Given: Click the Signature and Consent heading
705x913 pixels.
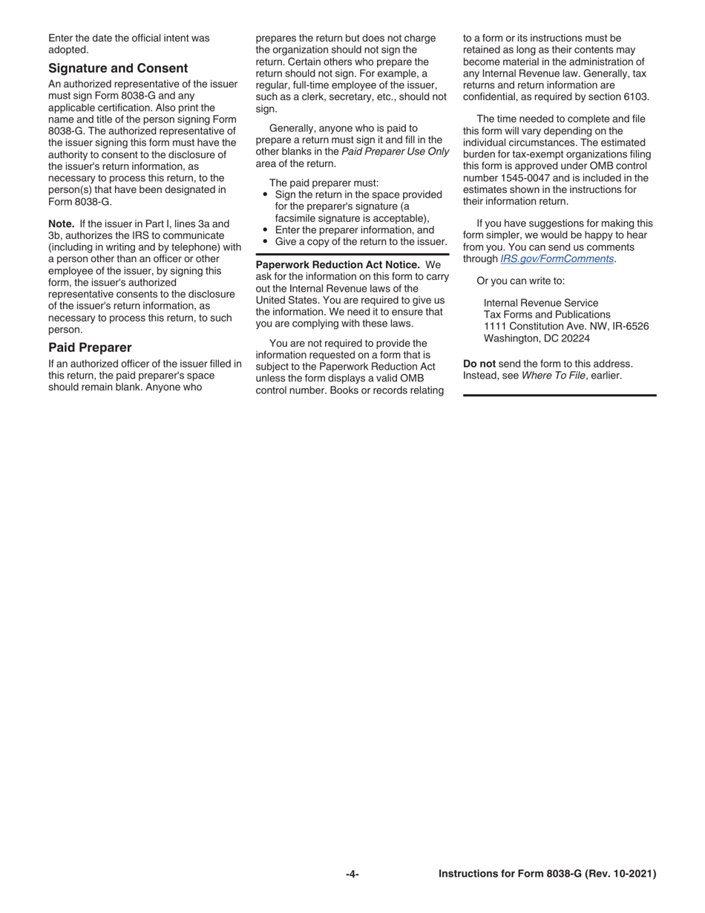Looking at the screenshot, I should click(x=118, y=68).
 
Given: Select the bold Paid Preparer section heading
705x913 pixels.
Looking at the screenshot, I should click(x=90, y=347).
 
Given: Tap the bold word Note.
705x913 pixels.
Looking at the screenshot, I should click(x=61, y=223).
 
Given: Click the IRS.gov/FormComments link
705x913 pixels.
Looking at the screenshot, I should click(x=557, y=259).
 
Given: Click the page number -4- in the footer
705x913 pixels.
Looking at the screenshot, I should click(x=352, y=874).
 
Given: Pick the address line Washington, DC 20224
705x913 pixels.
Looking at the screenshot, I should click(x=537, y=338).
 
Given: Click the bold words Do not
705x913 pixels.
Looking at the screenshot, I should click(x=479, y=364).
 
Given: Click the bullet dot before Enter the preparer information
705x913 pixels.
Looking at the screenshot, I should click(x=265, y=231).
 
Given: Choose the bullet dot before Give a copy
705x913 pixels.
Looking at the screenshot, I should click(x=265, y=242).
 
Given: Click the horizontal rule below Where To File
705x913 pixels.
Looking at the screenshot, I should click(x=560, y=395).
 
